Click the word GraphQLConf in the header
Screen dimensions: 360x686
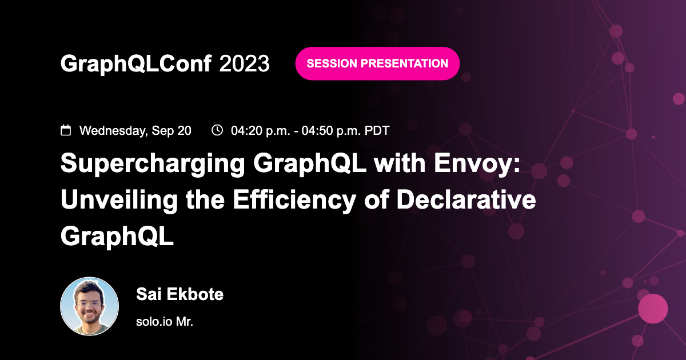pos(137,64)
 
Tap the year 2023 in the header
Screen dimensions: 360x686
pos(244,64)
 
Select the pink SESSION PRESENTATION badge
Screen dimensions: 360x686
pos(377,63)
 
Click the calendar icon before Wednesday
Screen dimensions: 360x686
pos(66,130)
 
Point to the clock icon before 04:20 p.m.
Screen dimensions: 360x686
pos(217,130)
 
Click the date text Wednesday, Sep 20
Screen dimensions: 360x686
pos(135,131)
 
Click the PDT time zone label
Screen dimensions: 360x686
pos(377,131)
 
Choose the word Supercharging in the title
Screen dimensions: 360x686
pos(151,165)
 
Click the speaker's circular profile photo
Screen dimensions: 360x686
pos(90,306)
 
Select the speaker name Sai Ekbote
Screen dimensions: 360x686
pos(180,295)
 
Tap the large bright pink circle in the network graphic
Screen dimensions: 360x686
pos(652,309)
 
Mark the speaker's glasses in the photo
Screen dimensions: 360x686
pos(90,299)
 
